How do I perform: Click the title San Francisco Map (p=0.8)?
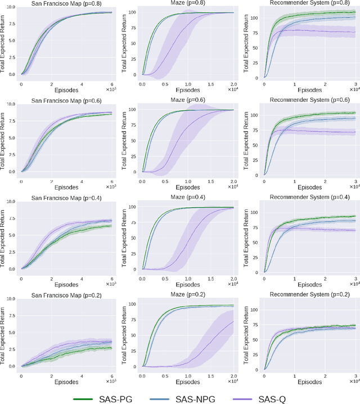pyautogui.click(x=66, y=3)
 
